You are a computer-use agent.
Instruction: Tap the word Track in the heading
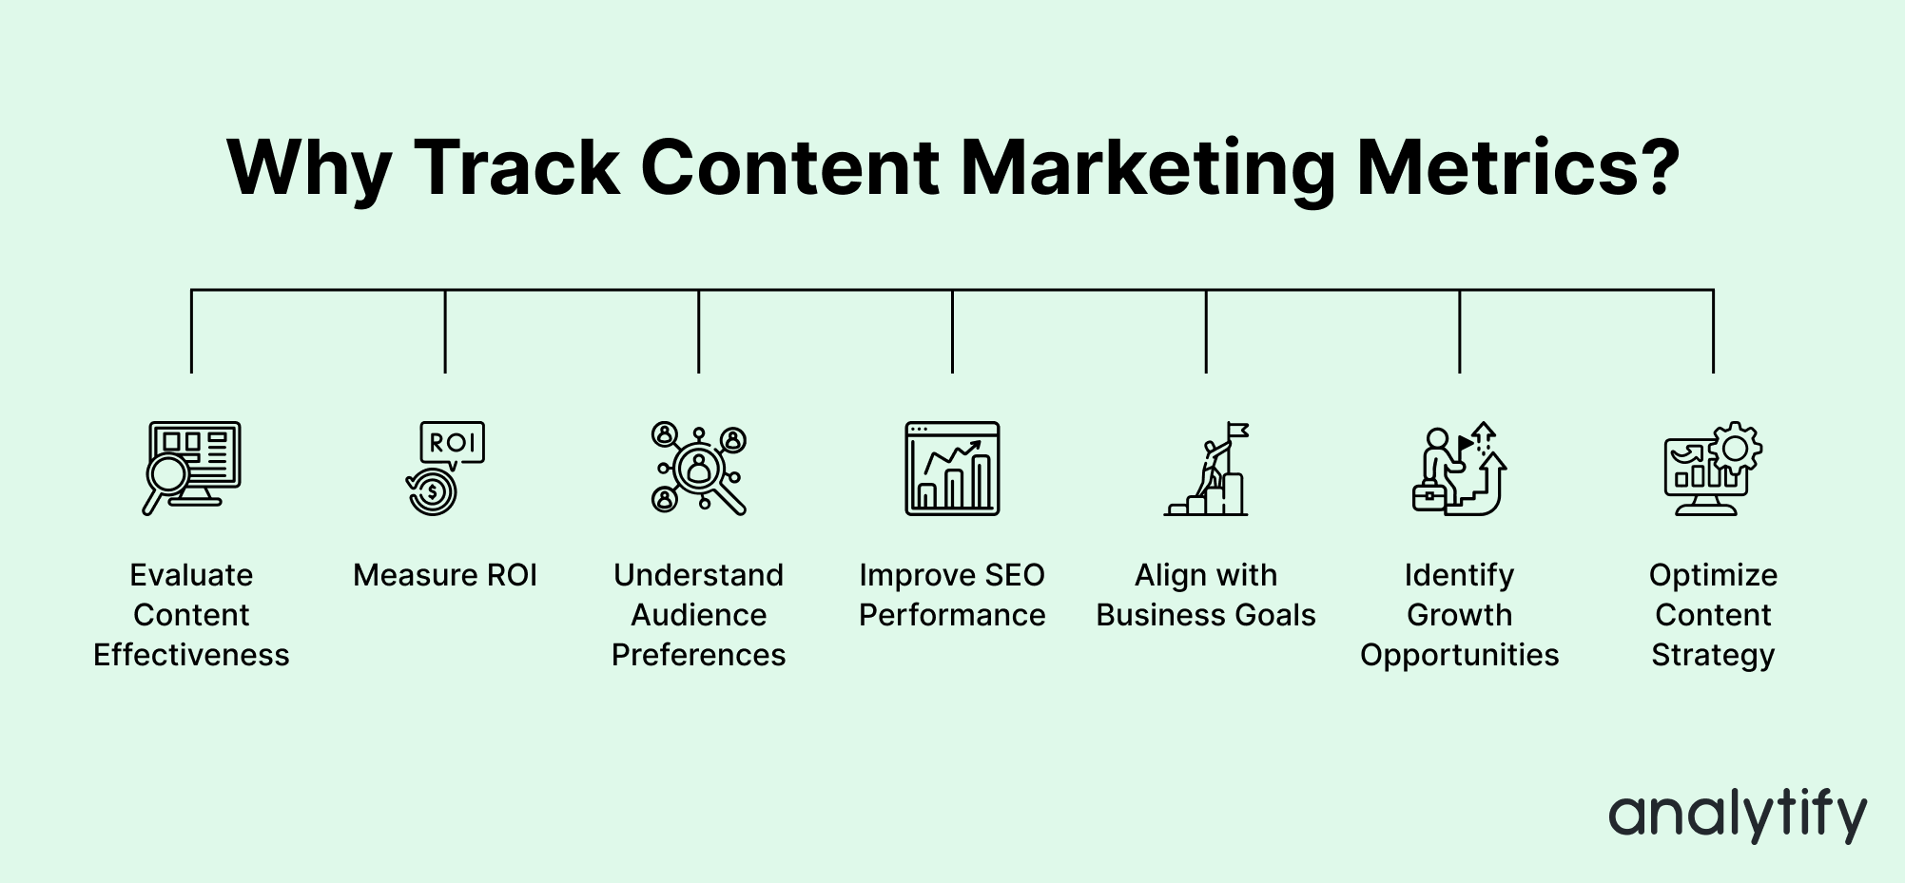(516, 168)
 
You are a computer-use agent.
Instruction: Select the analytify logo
(1738, 815)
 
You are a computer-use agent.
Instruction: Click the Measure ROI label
(445, 575)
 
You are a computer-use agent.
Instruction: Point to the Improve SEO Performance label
(952, 595)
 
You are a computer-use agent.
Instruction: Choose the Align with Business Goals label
(1206, 595)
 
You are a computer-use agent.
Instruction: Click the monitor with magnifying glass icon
(191, 469)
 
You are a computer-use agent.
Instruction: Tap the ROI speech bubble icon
(445, 469)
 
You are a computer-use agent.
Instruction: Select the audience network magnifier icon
(699, 469)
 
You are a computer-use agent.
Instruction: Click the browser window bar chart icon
(952, 469)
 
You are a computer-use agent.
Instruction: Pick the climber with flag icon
(1206, 469)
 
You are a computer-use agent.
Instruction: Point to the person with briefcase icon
(1459, 469)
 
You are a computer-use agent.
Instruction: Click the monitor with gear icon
(1713, 469)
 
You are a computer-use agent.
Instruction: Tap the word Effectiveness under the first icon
(191, 655)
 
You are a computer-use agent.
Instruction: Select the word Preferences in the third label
(699, 655)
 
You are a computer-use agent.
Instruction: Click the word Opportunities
(1459, 655)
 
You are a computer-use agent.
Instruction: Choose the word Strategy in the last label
(1713, 655)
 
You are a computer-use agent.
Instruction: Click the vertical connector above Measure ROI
(445, 331)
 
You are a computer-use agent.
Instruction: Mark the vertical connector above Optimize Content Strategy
(1713, 331)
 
